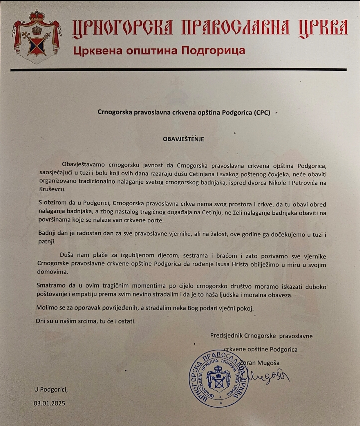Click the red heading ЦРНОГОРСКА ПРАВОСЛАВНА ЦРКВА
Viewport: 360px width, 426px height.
[210, 27]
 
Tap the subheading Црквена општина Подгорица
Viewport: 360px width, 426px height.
[159, 51]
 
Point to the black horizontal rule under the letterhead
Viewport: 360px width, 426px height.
[178, 70]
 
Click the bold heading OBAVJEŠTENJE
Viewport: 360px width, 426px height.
[183, 139]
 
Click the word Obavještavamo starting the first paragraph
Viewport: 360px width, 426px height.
[83, 165]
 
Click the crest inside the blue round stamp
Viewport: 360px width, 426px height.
[219, 379]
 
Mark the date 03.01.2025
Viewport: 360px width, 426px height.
[49, 403]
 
